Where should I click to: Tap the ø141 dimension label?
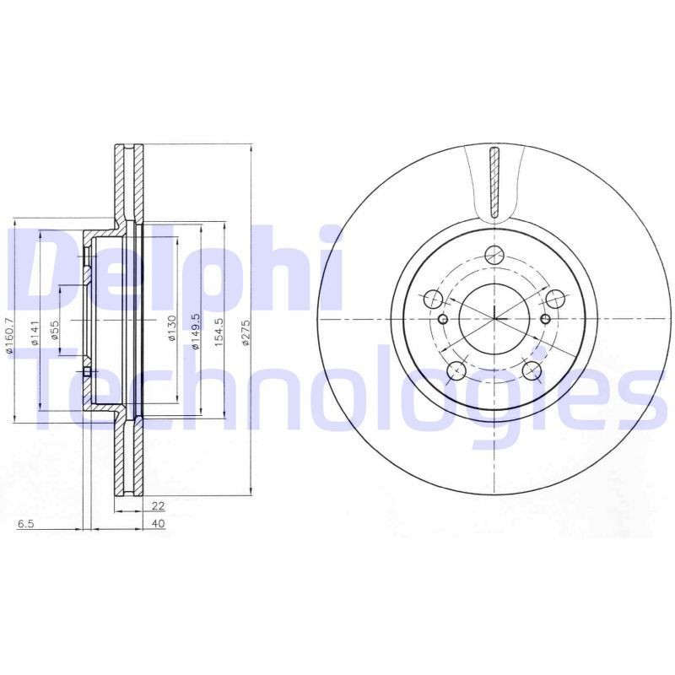(x=35, y=334)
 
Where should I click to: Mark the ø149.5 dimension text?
(x=194, y=331)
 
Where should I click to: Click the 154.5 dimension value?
(x=219, y=331)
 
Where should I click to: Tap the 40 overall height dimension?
(x=158, y=524)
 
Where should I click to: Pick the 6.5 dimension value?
(x=25, y=524)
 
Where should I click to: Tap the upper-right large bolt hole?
(x=555, y=298)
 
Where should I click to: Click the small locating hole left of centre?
(x=445, y=319)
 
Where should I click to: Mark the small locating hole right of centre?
(x=544, y=319)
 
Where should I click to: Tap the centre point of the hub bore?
(x=494, y=319)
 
